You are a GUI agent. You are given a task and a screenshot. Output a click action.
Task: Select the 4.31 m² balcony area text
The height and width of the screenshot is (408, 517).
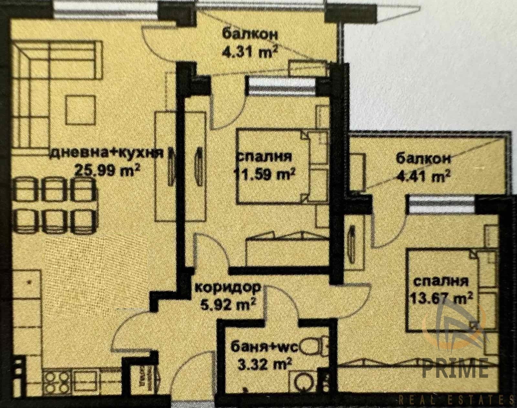click(250, 52)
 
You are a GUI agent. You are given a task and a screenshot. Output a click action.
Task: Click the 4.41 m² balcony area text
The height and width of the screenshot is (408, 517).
click(423, 177)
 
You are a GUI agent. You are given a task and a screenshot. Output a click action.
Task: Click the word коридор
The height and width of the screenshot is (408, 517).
click(228, 287)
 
